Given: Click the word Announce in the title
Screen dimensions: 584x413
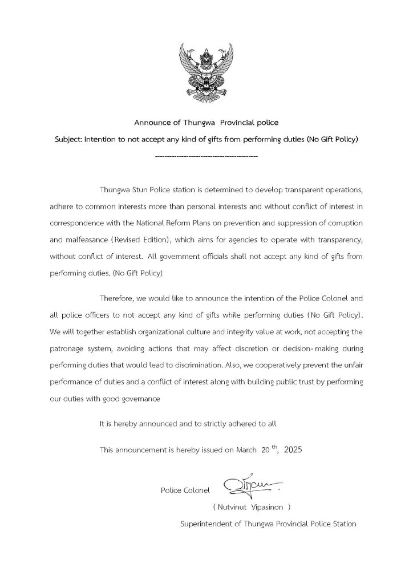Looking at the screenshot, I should tap(152, 123).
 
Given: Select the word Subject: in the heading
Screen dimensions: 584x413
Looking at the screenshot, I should tap(68, 139).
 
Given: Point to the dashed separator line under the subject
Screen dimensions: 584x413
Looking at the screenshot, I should tap(206, 155).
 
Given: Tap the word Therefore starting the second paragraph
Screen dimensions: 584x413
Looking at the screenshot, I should tap(118, 298).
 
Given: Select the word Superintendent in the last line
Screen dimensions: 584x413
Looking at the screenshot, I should tap(205, 524).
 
